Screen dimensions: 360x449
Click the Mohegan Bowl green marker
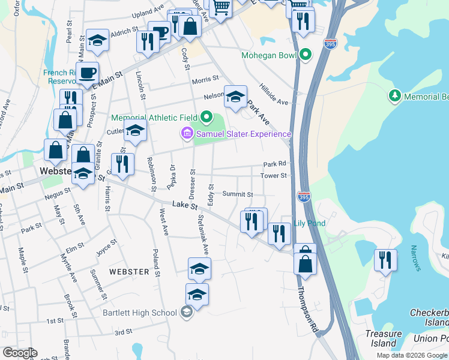click(306, 56)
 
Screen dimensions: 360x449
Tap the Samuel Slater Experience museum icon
click(187, 133)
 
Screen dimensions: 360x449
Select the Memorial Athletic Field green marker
click(206, 117)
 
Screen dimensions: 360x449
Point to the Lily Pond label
click(310, 223)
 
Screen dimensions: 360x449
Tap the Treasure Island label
click(384, 338)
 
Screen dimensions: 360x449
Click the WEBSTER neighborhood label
click(129, 272)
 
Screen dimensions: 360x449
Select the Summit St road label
click(238, 194)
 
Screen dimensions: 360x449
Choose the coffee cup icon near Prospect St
click(88, 73)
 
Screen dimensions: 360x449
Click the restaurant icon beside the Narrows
click(385, 260)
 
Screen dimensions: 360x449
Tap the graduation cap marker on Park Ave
click(236, 96)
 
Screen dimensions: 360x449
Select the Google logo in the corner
click(20, 353)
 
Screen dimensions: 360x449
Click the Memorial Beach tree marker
click(395, 96)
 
